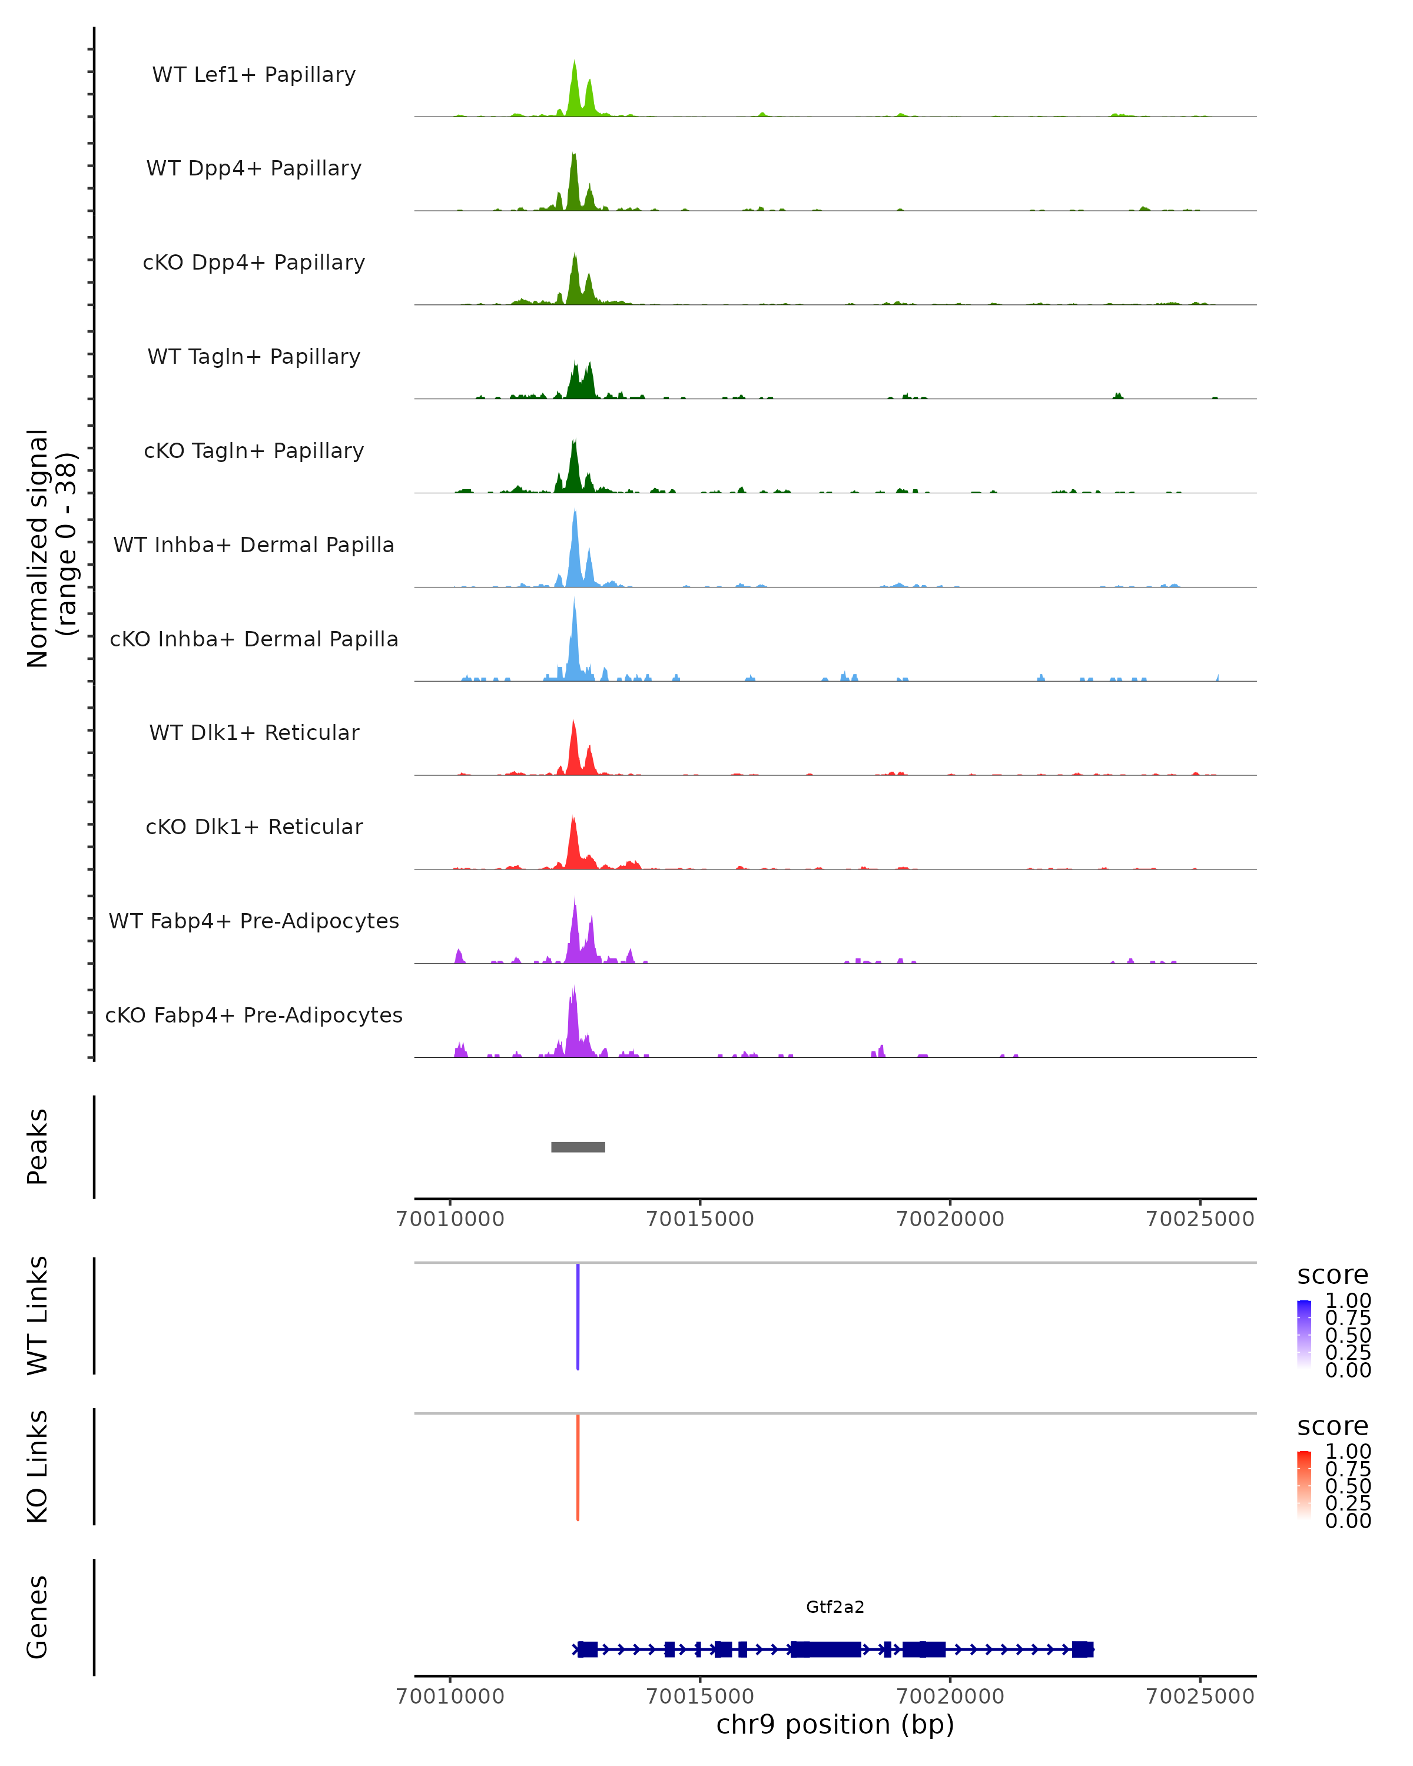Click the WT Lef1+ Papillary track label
[254, 75]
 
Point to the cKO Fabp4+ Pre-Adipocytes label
[254, 1015]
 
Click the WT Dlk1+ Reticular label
[254, 732]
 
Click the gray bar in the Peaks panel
[578, 1147]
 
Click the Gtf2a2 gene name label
[835, 1607]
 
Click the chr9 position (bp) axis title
[835, 1725]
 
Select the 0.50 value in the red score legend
[1348, 1486]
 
